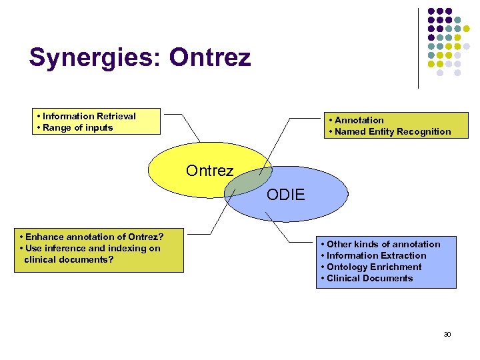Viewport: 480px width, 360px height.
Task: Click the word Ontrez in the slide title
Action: click(x=210, y=58)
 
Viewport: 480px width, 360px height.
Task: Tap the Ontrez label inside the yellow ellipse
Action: click(x=209, y=171)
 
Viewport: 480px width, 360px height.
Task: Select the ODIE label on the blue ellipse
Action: click(x=285, y=195)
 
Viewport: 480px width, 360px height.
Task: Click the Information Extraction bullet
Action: click(x=376, y=255)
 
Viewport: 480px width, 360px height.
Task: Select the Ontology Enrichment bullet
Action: click(x=374, y=267)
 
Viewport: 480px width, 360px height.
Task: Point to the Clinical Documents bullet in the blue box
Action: click(x=369, y=278)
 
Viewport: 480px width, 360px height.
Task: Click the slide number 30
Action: click(x=447, y=334)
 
